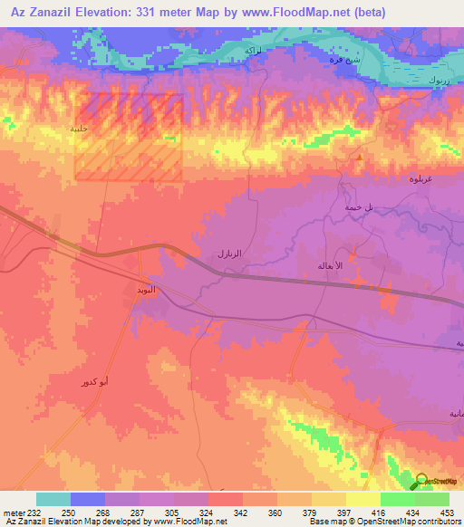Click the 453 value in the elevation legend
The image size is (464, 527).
(x=444, y=513)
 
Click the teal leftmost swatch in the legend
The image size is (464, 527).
(x=53, y=499)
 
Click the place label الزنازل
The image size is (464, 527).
(x=232, y=256)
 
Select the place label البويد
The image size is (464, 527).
(x=145, y=290)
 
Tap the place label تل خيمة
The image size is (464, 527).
(x=358, y=207)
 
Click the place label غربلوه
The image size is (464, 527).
(x=444, y=177)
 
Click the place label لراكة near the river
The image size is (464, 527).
(x=255, y=50)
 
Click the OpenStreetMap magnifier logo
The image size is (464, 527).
(x=422, y=482)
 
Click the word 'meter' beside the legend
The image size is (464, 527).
(x=13, y=513)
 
